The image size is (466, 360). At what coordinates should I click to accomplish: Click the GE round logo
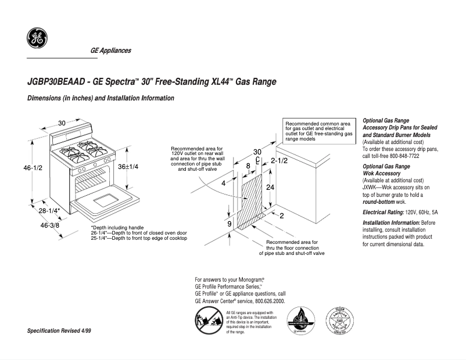click(x=37, y=39)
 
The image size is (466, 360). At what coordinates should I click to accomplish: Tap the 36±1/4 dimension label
click(x=128, y=167)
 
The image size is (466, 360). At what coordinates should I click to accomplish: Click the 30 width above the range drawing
click(x=62, y=123)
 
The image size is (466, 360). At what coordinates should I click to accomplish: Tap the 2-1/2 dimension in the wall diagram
click(x=279, y=160)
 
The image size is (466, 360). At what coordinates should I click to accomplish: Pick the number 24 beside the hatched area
click(x=270, y=188)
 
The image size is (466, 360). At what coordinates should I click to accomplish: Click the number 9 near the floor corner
click(x=229, y=224)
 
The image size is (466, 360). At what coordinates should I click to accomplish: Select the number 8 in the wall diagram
click(x=248, y=166)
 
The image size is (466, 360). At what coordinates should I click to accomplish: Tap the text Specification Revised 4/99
click(x=59, y=330)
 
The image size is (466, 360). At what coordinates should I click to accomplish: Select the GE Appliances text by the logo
click(x=110, y=51)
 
